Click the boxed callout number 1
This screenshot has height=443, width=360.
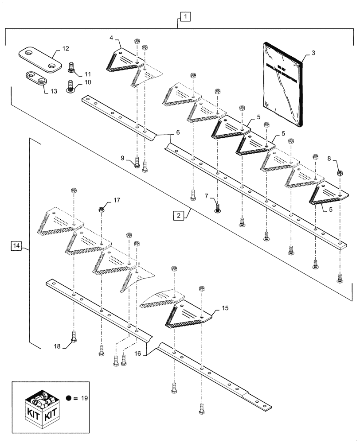[x=184, y=17]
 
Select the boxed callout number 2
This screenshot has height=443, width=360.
[x=178, y=216]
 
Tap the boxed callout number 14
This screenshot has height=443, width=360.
[x=16, y=245]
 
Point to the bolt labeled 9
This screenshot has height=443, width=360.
[x=138, y=165]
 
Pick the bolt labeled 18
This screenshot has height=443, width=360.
[x=74, y=339]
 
